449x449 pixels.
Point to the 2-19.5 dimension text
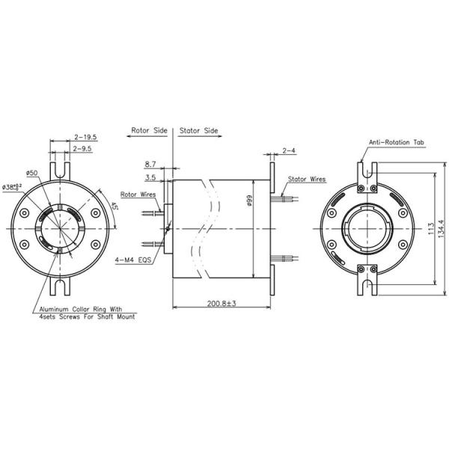(x=87, y=137)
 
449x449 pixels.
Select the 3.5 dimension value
(x=150, y=178)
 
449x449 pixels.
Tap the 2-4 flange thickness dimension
(x=288, y=150)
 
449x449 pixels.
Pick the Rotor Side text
(x=149, y=129)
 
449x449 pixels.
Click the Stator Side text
(x=199, y=129)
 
